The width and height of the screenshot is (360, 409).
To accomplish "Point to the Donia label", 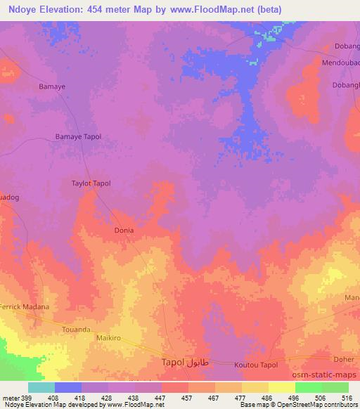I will [x=124, y=230].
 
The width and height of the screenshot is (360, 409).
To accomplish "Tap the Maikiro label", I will [x=108, y=338].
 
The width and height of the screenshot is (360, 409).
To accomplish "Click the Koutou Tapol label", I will [x=257, y=364].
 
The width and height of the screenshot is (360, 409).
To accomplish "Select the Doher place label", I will [x=345, y=357].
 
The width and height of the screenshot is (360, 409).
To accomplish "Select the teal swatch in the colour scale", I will [x=41, y=387].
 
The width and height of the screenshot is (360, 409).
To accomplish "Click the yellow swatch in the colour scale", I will [x=281, y=387].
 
